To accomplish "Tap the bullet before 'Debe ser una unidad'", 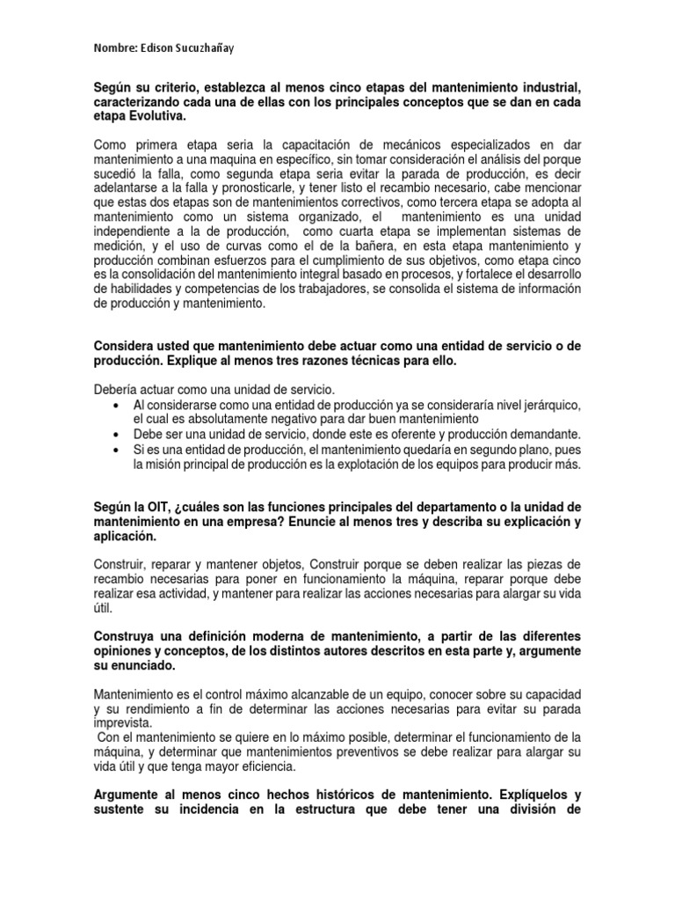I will pos(117,435).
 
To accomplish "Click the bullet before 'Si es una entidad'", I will pos(117,450).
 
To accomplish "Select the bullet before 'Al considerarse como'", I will pos(117,405).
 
